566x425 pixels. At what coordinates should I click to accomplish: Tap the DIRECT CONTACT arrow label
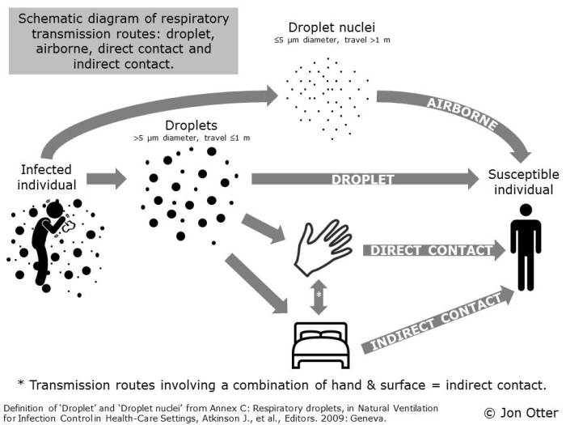[431, 250]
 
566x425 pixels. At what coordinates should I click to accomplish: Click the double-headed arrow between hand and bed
[320, 296]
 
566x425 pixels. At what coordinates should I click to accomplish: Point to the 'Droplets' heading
[191, 126]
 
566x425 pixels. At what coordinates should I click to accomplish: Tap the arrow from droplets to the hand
[264, 227]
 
